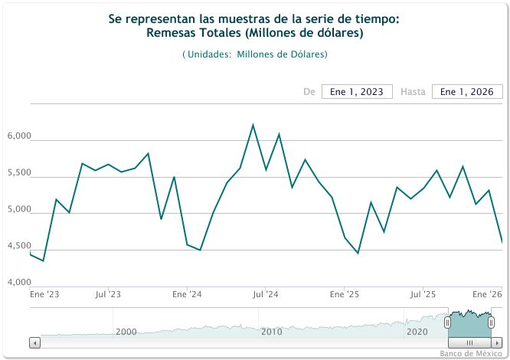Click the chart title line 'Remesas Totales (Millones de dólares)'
point(254,34)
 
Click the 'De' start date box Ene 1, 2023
point(357,92)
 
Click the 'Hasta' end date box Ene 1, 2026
point(467,92)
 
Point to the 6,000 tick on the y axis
point(18,136)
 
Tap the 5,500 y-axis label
point(18,173)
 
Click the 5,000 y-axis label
point(18,210)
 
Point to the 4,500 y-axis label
point(18,247)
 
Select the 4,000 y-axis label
point(18,283)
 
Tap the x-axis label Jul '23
point(108,294)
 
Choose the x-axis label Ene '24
point(187,294)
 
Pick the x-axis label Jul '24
point(265,294)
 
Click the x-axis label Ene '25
point(344,294)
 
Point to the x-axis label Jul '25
point(423,294)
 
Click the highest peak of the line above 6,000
point(253,125)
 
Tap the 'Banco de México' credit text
point(471,353)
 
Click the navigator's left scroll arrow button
point(34,343)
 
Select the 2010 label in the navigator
point(272,332)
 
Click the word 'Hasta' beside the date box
point(413,92)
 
